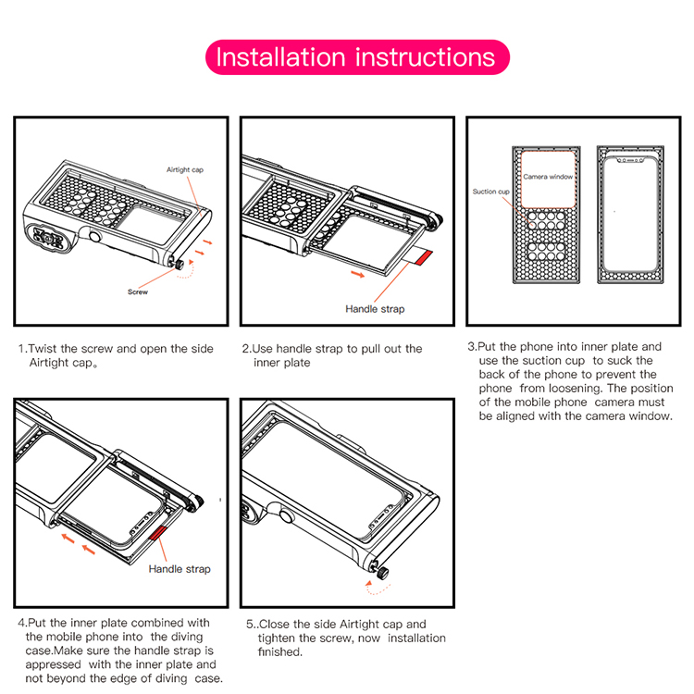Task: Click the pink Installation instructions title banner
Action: [356, 57]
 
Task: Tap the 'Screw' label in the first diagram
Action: [138, 291]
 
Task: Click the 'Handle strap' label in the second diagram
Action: [374, 309]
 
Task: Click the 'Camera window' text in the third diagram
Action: [548, 176]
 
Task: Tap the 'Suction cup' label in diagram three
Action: [490, 192]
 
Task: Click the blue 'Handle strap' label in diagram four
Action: [180, 569]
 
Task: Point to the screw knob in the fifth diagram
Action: [380, 574]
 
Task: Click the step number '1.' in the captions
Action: [22, 349]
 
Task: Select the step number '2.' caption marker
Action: [246, 349]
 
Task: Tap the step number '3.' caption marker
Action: [472, 347]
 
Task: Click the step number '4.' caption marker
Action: [21, 623]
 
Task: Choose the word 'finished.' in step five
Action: [279, 652]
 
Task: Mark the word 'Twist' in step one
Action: [43, 349]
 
